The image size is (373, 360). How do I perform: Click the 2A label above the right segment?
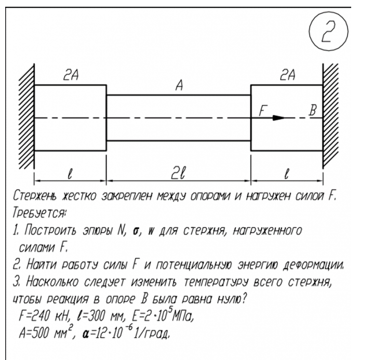click(285, 76)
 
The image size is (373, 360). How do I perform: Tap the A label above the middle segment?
click(178, 87)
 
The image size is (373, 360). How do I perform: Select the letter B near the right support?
click(312, 110)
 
